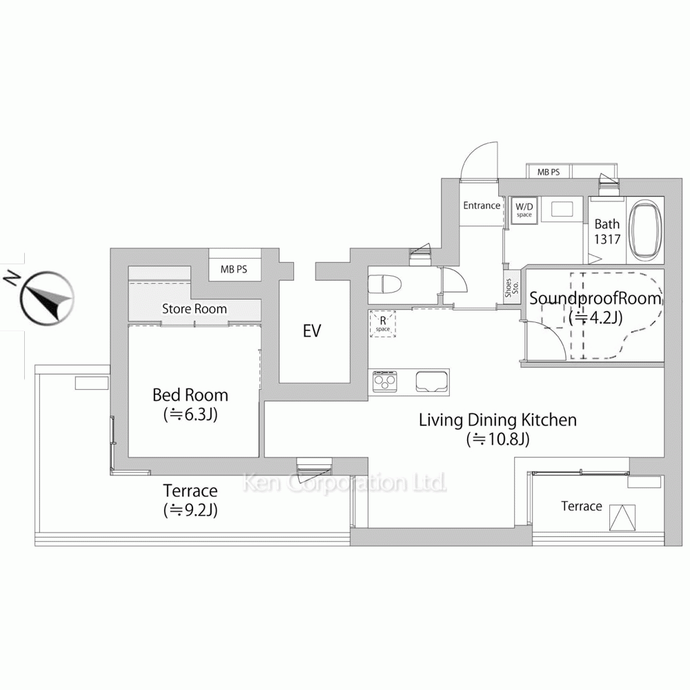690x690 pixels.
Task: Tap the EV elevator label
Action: pyautogui.click(x=312, y=331)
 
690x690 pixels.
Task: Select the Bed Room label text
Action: pyautogui.click(x=190, y=395)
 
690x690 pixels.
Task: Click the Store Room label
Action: pyautogui.click(x=194, y=309)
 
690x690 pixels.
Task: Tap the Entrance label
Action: pyautogui.click(x=481, y=206)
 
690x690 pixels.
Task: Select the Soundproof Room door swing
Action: pyautogui.click(x=545, y=342)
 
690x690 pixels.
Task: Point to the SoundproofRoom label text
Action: pyautogui.click(x=595, y=299)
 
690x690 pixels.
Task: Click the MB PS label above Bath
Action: pyautogui.click(x=549, y=172)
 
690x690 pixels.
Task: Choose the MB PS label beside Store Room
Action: pyautogui.click(x=233, y=270)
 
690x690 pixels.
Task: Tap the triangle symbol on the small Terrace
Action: pyautogui.click(x=622, y=517)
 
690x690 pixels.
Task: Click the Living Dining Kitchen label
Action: pyautogui.click(x=497, y=420)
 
